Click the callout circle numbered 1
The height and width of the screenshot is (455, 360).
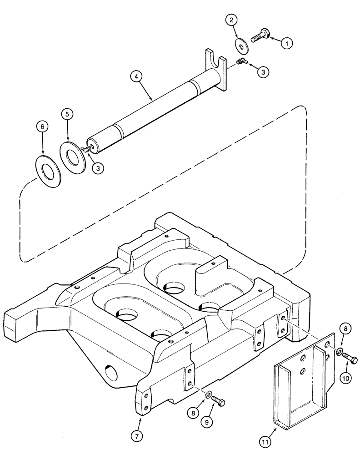286,43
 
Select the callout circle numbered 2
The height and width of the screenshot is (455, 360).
231,20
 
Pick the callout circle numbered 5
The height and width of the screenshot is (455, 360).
67,114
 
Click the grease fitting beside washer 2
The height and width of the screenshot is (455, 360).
241,62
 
